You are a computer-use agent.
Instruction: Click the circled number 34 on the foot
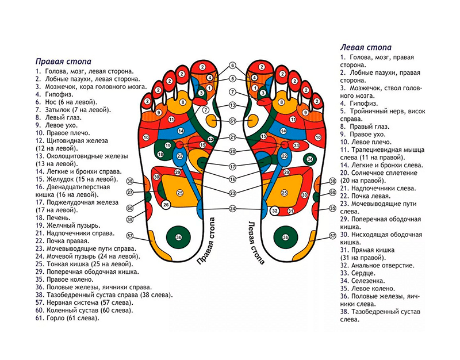[309, 159]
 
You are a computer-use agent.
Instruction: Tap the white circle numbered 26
[166, 204]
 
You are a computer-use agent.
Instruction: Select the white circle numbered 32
[275, 211]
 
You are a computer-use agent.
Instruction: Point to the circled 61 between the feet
[232, 121]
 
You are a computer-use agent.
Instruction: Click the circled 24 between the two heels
[232, 208]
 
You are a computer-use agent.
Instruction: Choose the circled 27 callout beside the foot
[130, 192]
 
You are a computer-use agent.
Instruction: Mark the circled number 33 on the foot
[296, 146]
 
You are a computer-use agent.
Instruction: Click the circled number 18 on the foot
[160, 155]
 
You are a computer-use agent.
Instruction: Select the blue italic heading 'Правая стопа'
[63, 60]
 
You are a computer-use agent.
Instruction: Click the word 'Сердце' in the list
[359, 274]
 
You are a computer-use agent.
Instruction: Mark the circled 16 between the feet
[232, 179]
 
